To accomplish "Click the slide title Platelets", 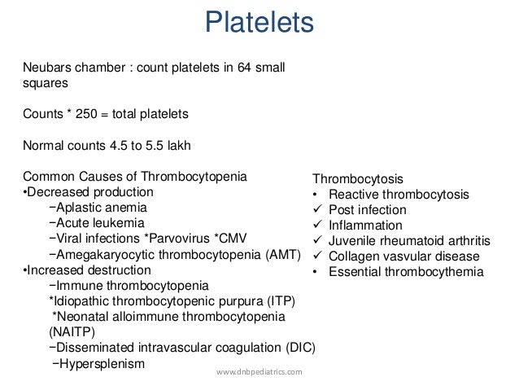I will tap(258, 24).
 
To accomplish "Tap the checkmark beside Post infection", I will tap(316, 210).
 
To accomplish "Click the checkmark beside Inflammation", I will tap(316, 226).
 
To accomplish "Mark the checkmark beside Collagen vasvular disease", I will tap(316, 256).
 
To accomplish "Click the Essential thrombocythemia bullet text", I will tap(405, 272).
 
